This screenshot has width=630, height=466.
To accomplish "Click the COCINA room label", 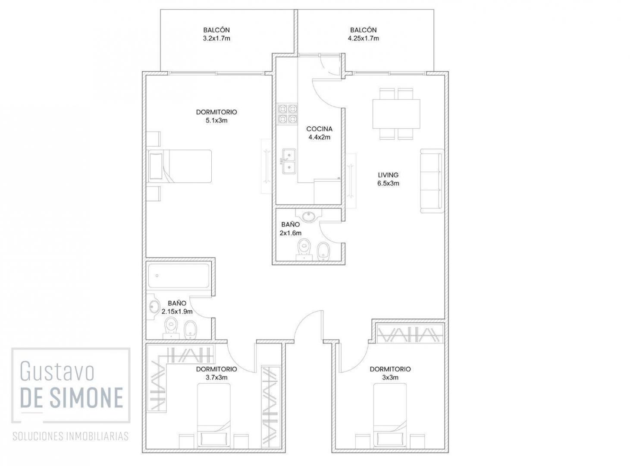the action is (x=319, y=129).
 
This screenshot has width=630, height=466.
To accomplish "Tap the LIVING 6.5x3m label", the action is (x=388, y=179).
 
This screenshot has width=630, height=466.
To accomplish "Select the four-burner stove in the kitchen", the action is (x=288, y=114).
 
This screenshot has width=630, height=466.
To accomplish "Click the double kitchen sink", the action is (x=288, y=161).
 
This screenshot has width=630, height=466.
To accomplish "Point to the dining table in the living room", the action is (x=396, y=114).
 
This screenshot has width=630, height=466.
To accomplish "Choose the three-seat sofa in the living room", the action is (x=432, y=181).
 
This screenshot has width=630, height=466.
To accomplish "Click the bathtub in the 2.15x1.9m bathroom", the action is (x=179, y=276).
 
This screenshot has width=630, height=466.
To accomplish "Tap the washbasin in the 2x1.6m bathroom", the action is (x=308, y=216).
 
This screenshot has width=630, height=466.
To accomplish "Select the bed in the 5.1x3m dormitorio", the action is (x=179, y=166).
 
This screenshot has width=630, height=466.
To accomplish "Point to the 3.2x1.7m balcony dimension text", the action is (x=216, y=38).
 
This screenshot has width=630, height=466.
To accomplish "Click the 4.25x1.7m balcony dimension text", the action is (x=363, y=38).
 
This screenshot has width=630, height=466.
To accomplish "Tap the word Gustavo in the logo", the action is (x=57, y=372).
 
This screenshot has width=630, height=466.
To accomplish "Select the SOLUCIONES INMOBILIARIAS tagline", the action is (x=70, y=436).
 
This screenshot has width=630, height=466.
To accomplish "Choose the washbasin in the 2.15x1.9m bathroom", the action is (x=154, y=307).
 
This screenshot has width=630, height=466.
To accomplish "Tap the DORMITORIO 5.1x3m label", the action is (x=216, y=116).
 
